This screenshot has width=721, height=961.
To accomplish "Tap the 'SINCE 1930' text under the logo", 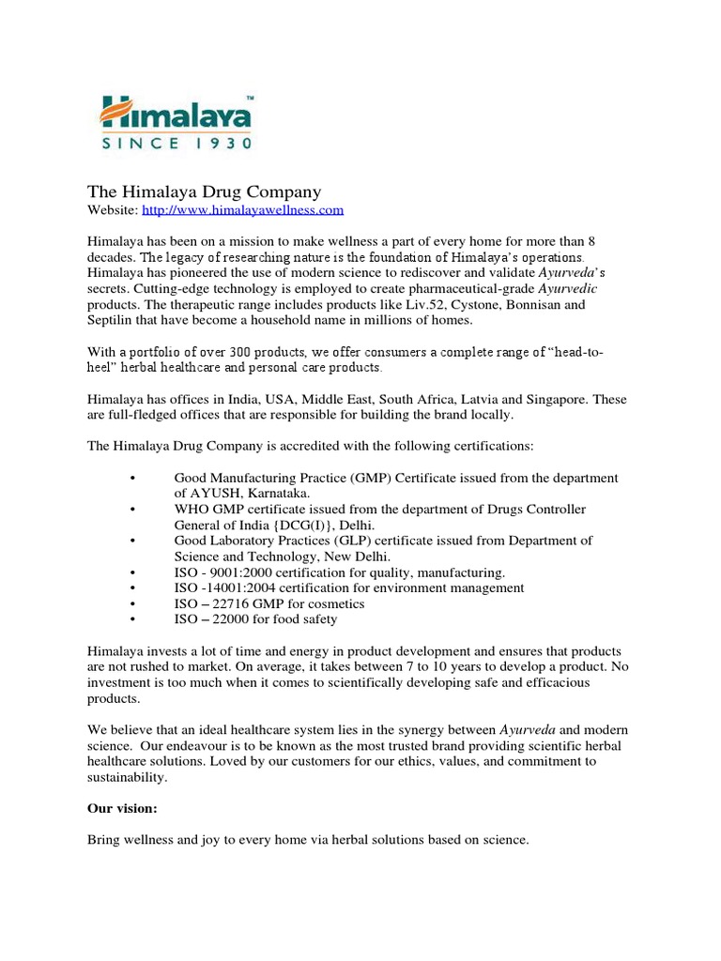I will click(176, 144).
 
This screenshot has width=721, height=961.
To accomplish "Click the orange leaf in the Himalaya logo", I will click(116, 114).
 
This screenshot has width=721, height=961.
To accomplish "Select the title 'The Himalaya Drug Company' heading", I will click(204, 192).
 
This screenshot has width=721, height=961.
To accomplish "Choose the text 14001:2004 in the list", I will click(239, 587).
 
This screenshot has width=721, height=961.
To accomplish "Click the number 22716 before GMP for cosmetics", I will click(237, 603).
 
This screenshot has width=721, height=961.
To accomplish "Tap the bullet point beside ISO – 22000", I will click(133, 619).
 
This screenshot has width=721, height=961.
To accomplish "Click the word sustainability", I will click(127, 778).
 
